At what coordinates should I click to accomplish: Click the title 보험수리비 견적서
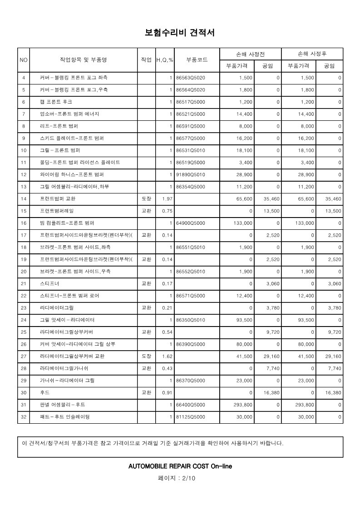tap(180, 33)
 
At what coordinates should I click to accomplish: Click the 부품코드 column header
tap(197, 60)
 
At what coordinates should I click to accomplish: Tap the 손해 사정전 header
tap(250, 54)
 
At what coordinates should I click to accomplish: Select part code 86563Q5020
tap(191, 78)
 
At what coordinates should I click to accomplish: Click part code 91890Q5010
tap(191, 174)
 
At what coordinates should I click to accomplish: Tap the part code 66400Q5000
tap(191, 405)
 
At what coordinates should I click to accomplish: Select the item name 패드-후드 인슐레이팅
tap(65, 416)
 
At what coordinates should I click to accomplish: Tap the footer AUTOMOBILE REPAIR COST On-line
tap(180, 466)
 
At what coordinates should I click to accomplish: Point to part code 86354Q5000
tap(191, 187)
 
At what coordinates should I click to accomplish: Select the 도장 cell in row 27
tap(146, 356)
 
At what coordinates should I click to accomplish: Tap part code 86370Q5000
tap(191, 380)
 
